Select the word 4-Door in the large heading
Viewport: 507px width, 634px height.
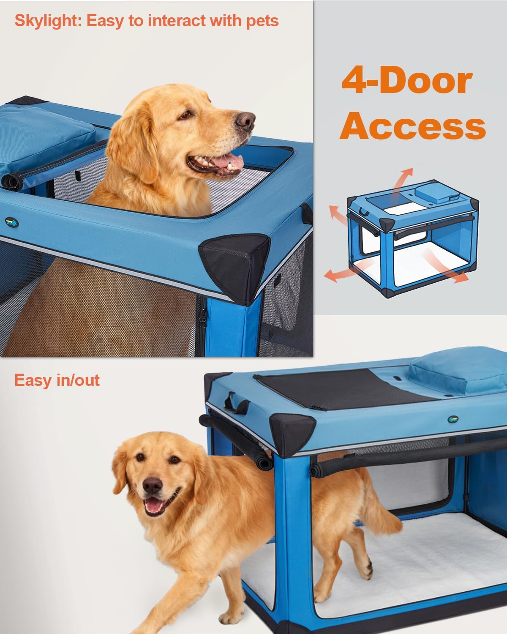407,80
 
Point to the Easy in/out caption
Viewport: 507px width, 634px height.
57,380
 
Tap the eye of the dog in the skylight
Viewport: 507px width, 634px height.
185,115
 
